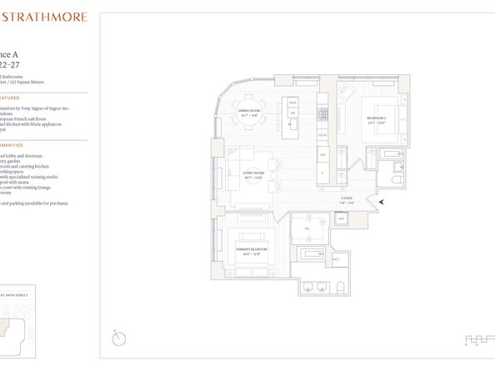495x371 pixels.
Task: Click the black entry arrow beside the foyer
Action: [382, 201]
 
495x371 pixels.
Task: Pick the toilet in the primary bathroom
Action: [341, 288]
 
